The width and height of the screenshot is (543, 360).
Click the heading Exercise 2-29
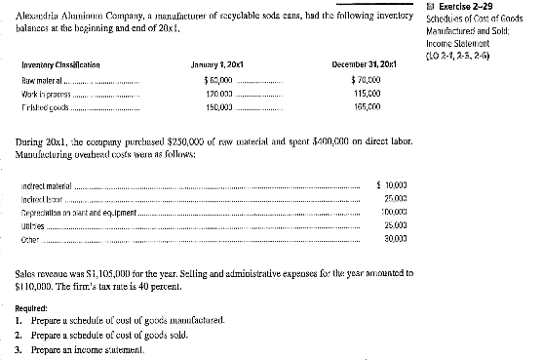(496, 7)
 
